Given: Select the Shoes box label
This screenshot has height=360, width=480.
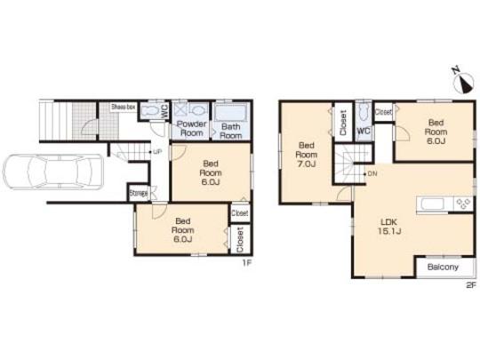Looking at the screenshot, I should click(x=123, y=106).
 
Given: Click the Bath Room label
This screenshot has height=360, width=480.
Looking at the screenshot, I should click(x=231, y=132).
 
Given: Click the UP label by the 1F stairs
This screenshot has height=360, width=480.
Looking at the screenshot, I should click(x=158, y=151).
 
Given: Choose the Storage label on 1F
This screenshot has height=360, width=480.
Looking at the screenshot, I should click(x=138, y=191).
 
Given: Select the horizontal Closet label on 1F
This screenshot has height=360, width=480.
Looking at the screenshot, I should click(x=239, y=214).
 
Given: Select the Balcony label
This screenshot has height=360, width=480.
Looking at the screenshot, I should click(x=442, y=268).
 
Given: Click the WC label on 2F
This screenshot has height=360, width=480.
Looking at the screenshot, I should click(x=363, y=131).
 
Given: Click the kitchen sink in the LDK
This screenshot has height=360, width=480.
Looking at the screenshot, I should click(x=433, y=203).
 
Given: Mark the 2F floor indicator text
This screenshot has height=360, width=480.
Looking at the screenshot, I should click(x=470, y=286).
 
